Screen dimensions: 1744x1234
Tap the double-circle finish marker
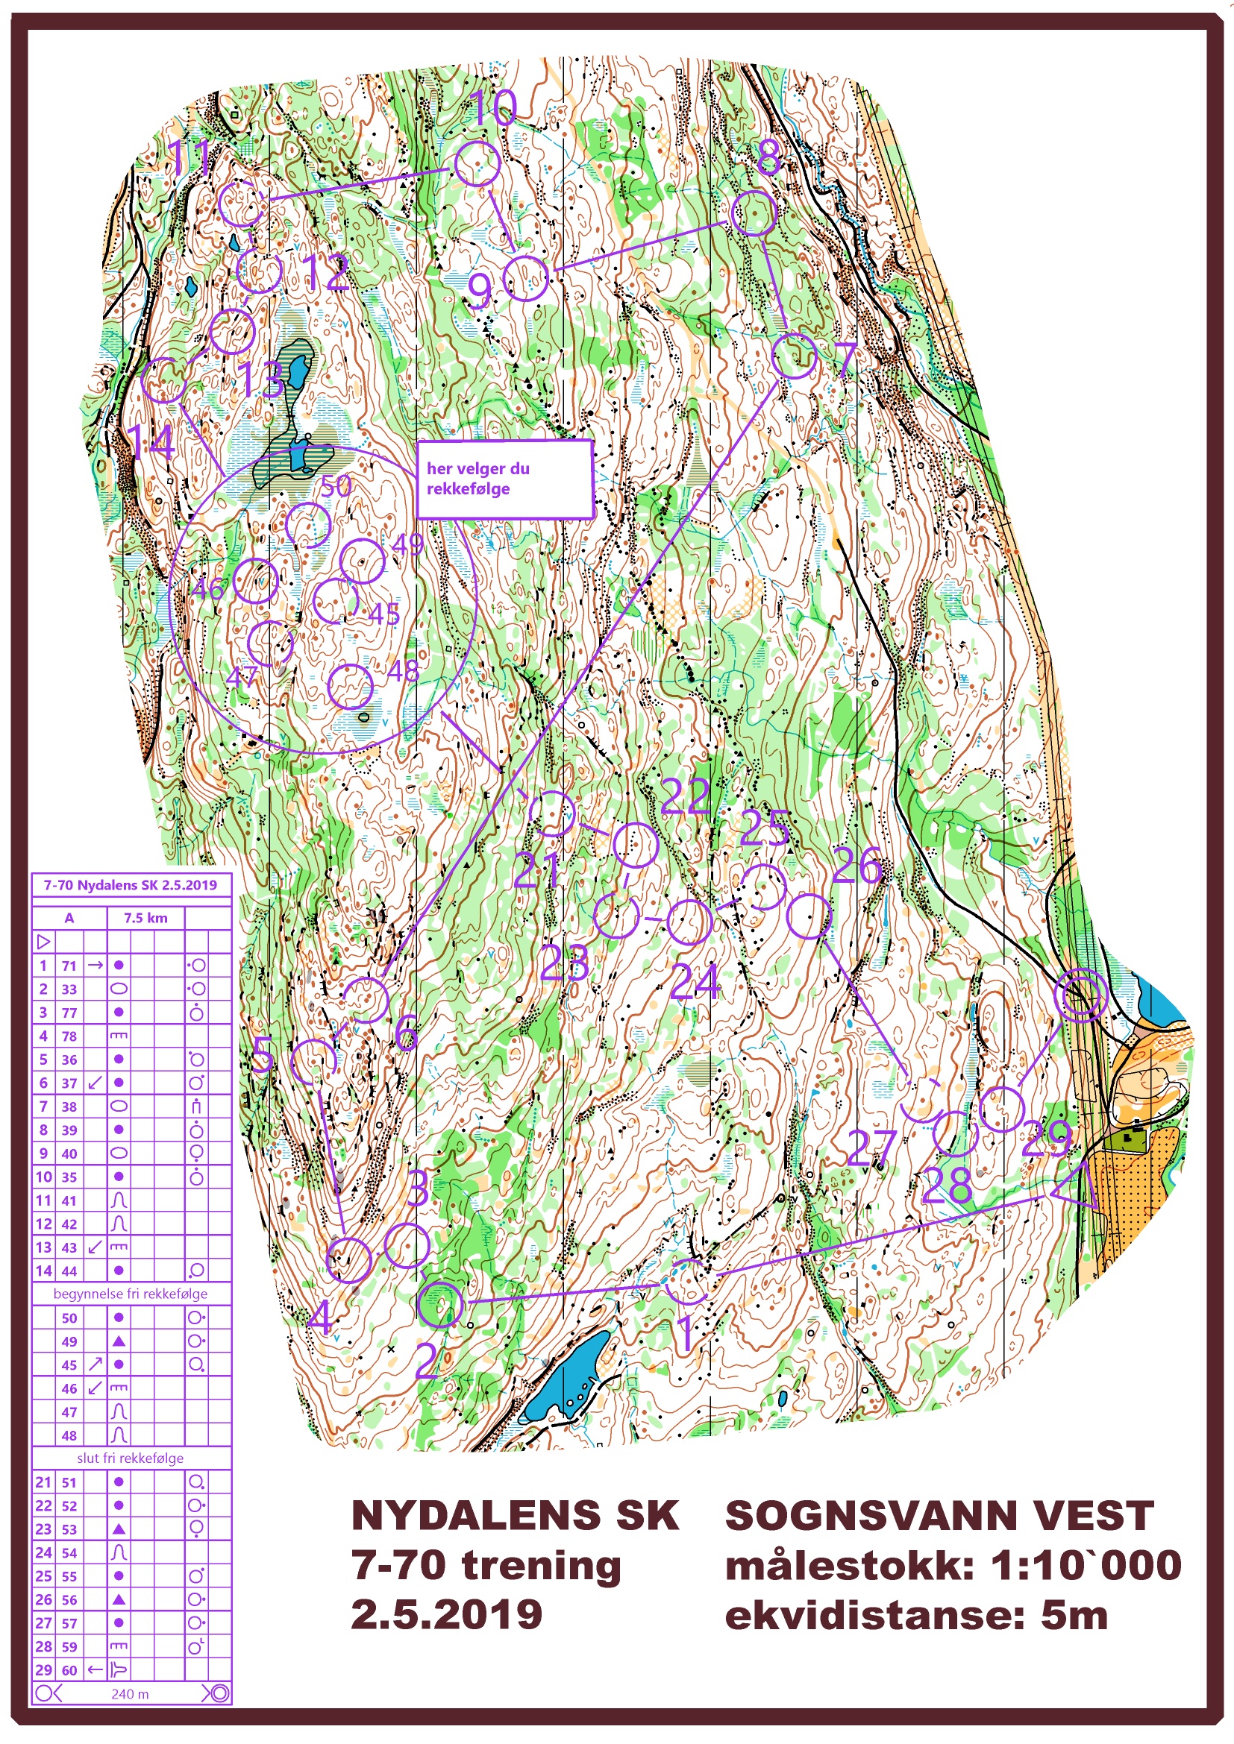click(1082, 996)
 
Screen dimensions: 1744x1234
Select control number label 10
click(493, 108)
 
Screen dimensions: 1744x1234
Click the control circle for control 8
click(753, 213)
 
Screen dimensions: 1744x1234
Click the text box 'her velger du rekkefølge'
click(504, 479)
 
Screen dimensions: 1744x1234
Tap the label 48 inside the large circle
click(403, 671)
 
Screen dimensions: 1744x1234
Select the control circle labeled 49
click(363, 561)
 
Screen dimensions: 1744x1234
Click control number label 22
click(685, 797)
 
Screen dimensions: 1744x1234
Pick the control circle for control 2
click(440, 1303)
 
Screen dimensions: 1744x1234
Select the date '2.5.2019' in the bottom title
click(447, 1614)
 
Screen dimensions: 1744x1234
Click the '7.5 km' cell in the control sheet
click(145, 918)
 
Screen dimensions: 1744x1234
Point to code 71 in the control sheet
click(69, 966)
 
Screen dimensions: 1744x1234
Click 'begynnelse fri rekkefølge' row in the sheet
click(131, 1294)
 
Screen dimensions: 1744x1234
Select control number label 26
click(856, 865)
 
